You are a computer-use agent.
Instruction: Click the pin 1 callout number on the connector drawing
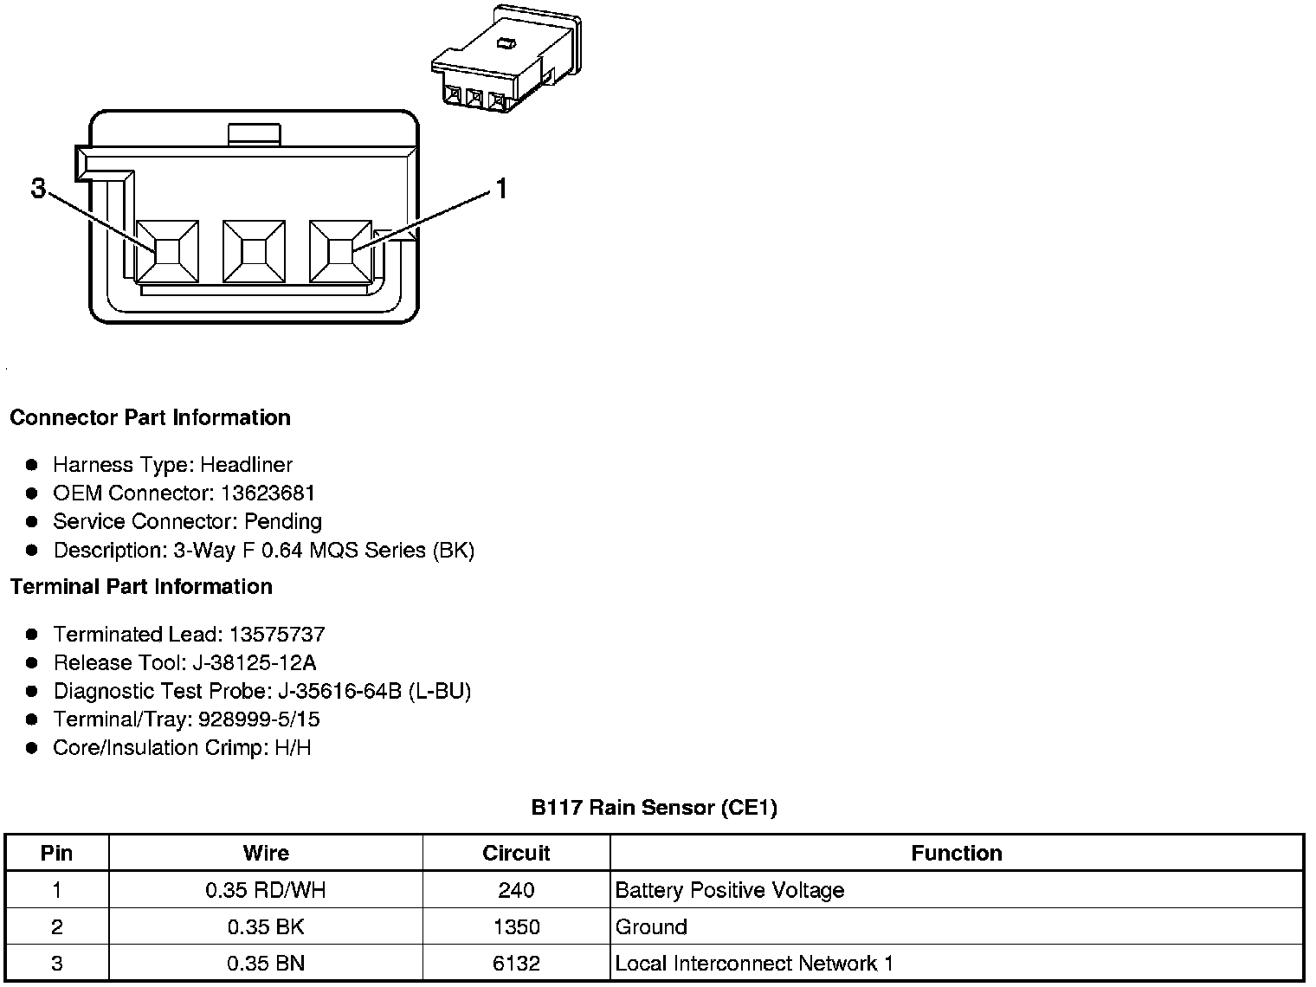tap(500, 188)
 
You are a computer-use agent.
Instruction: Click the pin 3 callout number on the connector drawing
tap(38, 188)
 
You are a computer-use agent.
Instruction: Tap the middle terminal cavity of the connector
tap(254, 251)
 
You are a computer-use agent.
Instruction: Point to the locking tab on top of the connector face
tap(254, 134)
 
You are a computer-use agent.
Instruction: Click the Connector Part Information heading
tap(150, 417)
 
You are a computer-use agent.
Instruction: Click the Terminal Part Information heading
tap(141, 586)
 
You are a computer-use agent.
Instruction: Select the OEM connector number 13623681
tap(268, 493)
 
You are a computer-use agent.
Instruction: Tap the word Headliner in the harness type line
tap(247, 464)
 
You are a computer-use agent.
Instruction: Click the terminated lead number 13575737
tap(277, 634)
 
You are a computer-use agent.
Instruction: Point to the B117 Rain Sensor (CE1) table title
tap(654, 808)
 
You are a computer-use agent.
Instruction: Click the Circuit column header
tap(516, 853)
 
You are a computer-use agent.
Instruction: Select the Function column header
tap(956, 853)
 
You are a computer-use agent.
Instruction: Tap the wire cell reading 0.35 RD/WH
tap(266, 890)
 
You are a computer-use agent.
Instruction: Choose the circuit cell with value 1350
tap(516, 926)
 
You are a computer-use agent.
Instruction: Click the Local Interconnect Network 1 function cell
tap(754, 963)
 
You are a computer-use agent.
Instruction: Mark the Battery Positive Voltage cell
tap(729, 890)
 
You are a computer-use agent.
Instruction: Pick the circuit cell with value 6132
tap(516, 963)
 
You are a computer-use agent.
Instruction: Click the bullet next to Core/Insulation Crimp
tap(32, 747)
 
